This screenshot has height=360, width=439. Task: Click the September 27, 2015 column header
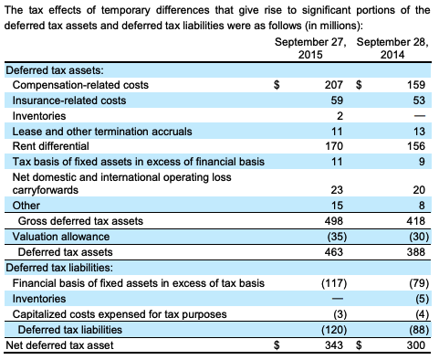[x=310, y=49]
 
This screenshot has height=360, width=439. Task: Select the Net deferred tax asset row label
[x=59, y=344]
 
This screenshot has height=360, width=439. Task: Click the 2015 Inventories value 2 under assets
[x=337, y=115]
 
